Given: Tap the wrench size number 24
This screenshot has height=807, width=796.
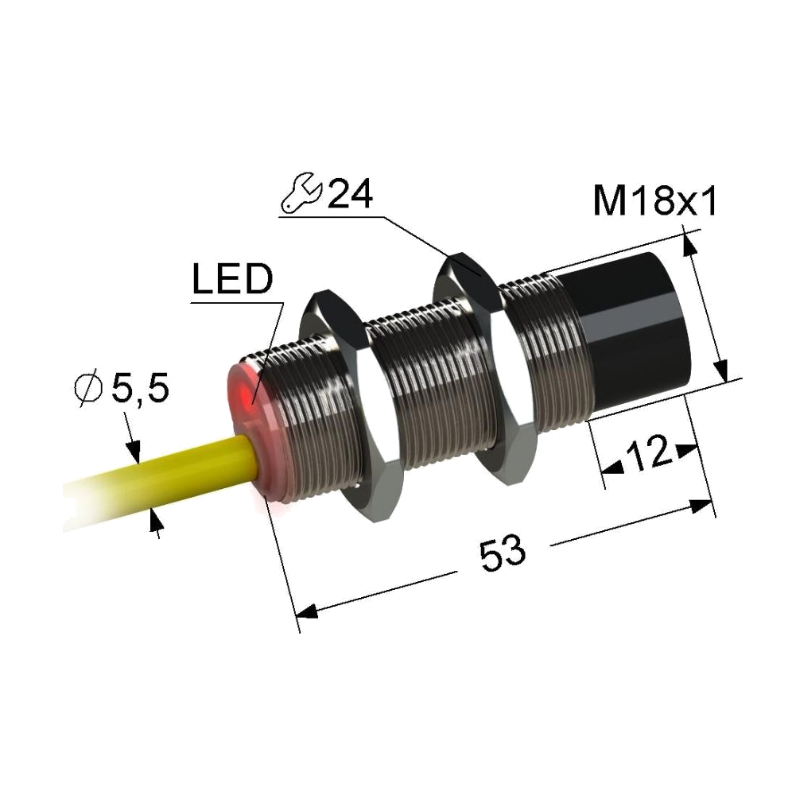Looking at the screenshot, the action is pyautogui.click(x=350, y=194).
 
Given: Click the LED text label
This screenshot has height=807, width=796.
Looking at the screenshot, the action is pyautogui.click(x=232, y=279).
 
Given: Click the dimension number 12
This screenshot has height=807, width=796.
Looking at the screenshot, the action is pyautogui.click(x=649, y=454).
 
